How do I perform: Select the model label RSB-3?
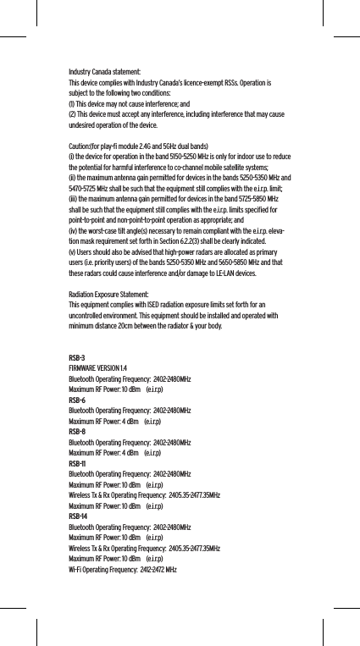[x=76, y=359]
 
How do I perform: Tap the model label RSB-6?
[x=76, y=400]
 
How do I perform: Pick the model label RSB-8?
[x=76, y=432]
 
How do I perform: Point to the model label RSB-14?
[x=77, y=516]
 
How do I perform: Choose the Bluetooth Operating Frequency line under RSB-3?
[x=129, y=379]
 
